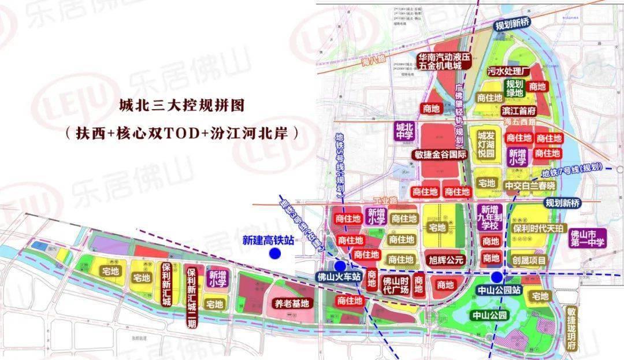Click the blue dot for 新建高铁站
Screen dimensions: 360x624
click(275, 253)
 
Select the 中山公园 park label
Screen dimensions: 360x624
click(489, 316)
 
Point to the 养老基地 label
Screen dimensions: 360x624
click(291, 303)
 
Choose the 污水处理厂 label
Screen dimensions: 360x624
click(509, 71)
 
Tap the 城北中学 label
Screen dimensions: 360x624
click(404, 131)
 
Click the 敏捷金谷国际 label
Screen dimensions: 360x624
click(440, 154)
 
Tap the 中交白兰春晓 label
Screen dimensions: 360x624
click(529, 185)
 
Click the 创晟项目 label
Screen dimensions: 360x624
click(529, 261)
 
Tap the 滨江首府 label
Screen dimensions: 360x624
click(519, 110)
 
